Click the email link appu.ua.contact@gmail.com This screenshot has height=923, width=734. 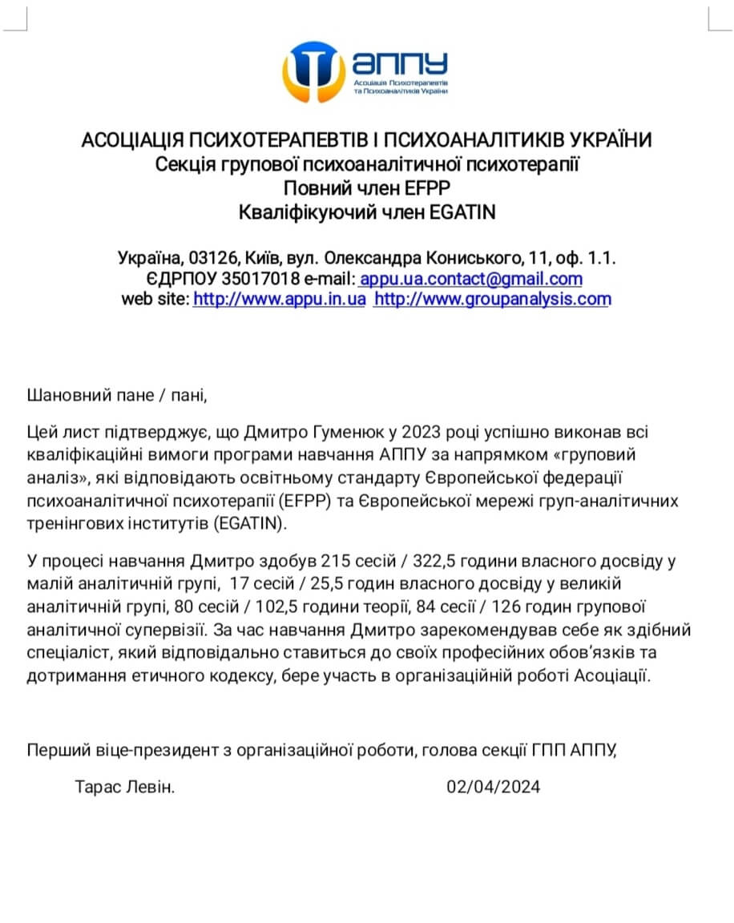(470, 280)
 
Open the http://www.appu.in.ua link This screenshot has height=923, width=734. (279, 300)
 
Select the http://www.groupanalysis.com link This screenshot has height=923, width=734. (492, 300)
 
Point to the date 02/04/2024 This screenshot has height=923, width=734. (494, 787)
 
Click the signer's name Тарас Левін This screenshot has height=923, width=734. (125, 787)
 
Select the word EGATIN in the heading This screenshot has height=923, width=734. (464, 212)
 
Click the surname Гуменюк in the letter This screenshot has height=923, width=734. (345, 433)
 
